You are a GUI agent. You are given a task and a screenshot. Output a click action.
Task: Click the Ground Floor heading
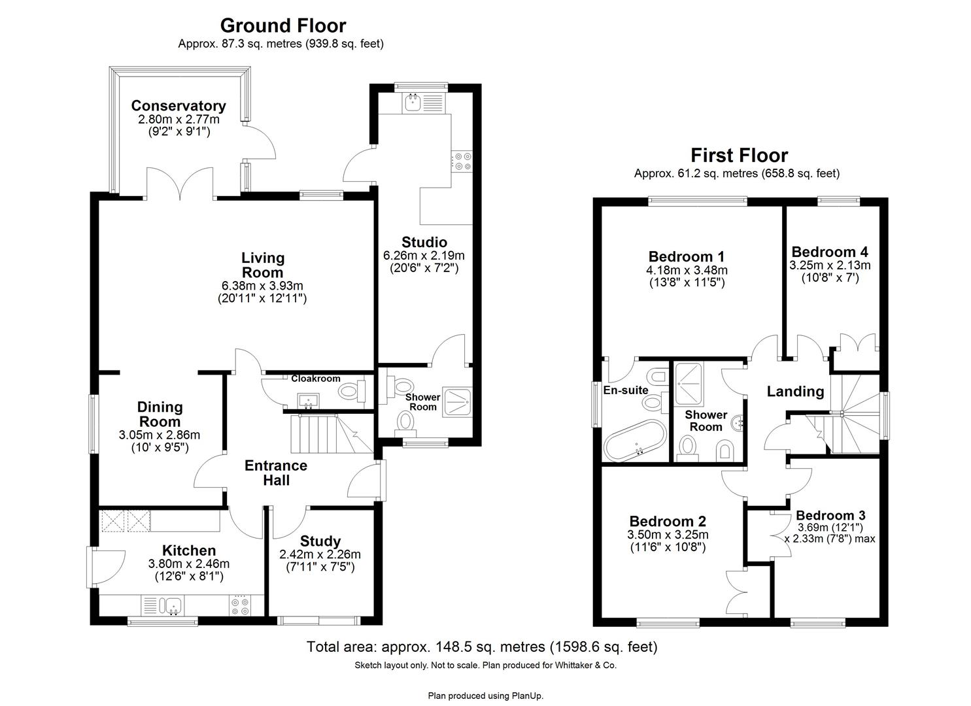[x=282, y=25]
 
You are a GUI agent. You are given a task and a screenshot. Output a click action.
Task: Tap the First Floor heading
[x=739, y=155]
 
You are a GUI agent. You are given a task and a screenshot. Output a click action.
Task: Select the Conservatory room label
[x=179, y=106]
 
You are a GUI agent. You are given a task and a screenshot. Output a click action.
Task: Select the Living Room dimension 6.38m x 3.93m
[x=262, y=286]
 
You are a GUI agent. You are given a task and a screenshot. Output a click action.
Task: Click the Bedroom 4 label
[x=829, y=252]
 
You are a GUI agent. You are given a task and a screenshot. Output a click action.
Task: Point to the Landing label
[x=794, y=392]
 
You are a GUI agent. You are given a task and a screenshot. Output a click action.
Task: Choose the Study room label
[x=320, y=541]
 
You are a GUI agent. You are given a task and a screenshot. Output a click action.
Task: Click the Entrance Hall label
[x=275, y=473]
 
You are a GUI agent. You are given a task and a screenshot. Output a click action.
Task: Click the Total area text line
[x=482, y=647]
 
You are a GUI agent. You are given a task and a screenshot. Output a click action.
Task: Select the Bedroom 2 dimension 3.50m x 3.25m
[x=668, y=535]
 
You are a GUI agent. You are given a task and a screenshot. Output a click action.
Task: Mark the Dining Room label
[x=160, y=414]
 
